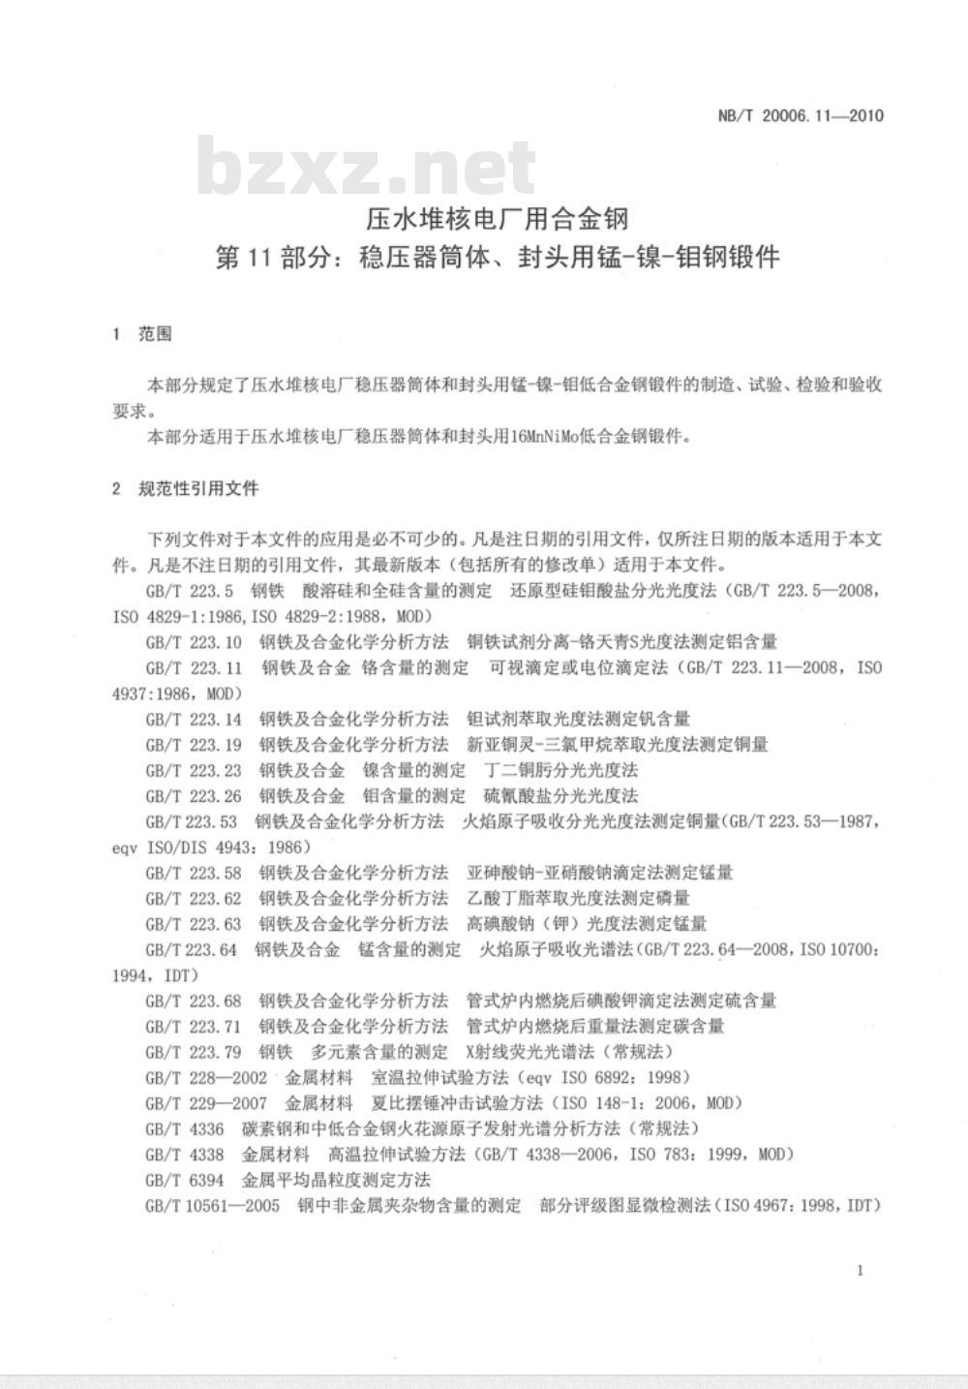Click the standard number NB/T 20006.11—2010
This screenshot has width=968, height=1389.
801,116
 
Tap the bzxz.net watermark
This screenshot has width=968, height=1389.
368,170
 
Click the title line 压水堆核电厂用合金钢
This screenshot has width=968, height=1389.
496,219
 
